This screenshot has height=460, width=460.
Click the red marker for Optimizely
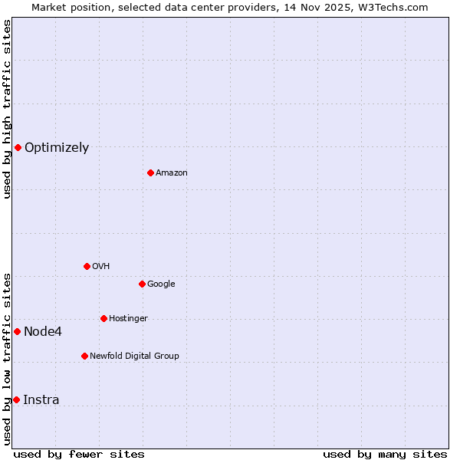pyautogui.click(x=18, y=147)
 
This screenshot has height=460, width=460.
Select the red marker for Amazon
pyautogui.click(x=150, y=172)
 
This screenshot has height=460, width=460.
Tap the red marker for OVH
pyautogui.click(x=87, y=266)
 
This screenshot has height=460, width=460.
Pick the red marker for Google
pyautogui.click(x=142, y=284)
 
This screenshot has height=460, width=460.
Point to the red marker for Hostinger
pyautogui.click(x=103, y=318)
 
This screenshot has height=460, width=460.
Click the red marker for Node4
pyautogui.click(x=17, y=331)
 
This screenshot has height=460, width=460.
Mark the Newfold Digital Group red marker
pyautogui.click(x=84, y=356)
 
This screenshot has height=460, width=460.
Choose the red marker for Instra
pyautogui.click(x=16, y=399)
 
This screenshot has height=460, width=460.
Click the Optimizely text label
pyautogui.click(x=57, y=148)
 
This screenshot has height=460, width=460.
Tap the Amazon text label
pyautogui.click(x=172, y=173)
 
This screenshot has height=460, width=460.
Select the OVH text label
pyautogui.click(x=101, y=267)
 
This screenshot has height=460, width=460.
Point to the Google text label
pyautogui.click(x=161, y=284)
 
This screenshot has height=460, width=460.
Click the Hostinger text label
pyautogui.click(x=128, y=319)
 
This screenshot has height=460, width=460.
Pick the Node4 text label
pyautogui.click(x=43, y=332)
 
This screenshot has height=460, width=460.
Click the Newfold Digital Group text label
pyautogui.click(x=134, y=356)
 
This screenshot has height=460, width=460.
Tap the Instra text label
pyautogui.click(x=41, y=400)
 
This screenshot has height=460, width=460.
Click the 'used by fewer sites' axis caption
pyautogui.click(x=79, y=454)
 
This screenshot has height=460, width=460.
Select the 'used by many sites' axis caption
pyautogui.click(x=385, y=454)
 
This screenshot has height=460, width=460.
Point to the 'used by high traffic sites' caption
pyautogui.click(x=7, y=109)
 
